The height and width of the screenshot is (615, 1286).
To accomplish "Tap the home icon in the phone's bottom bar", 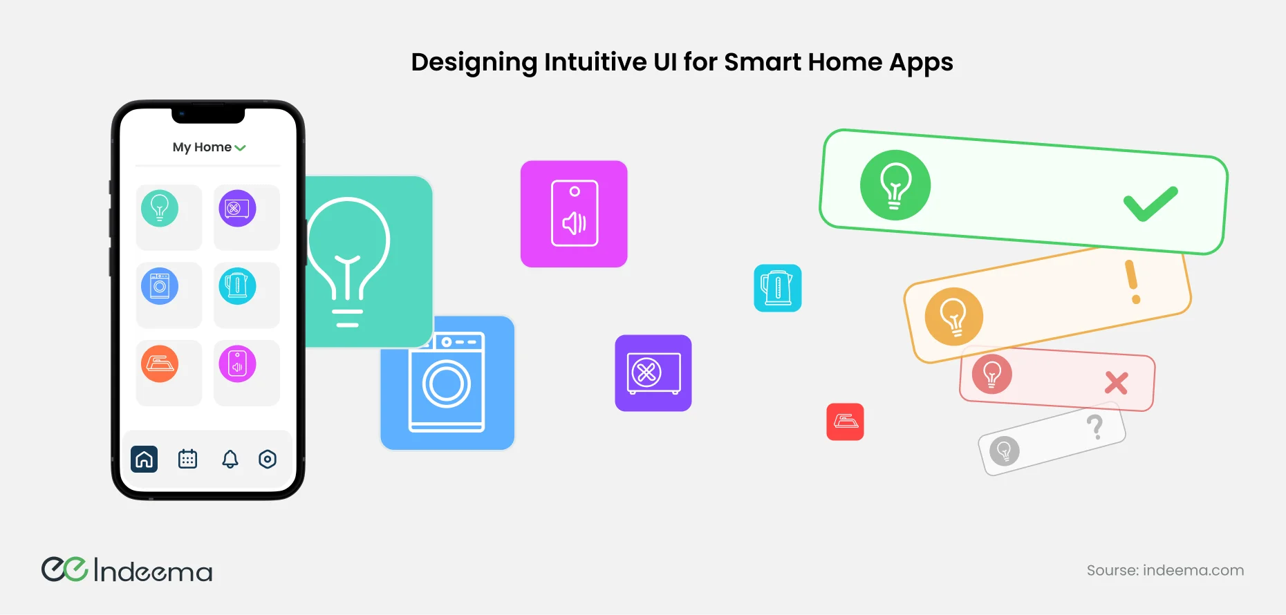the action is (x=144, y=459).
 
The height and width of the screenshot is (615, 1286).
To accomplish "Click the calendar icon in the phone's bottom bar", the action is (x=187, y=459).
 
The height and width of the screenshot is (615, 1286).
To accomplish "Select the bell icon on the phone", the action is (x=230, y=460).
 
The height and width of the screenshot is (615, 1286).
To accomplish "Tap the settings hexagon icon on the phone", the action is (x=268, y=459).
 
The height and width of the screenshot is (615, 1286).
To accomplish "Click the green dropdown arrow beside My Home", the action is (x=240, y=148).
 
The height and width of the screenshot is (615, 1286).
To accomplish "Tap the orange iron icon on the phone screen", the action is (x=160, y=363).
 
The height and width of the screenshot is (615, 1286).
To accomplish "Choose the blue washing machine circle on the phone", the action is (x=160, y=286).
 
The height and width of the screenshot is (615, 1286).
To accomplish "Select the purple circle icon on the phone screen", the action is (x=237, y=208).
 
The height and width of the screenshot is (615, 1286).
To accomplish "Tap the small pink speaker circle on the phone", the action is (x=237, y=363).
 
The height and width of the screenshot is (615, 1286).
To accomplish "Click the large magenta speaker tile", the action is (x=574, y=214).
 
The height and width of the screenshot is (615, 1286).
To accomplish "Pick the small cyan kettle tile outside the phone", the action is (x=778, y=288).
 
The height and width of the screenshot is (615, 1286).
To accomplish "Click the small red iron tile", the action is (x=845, y=422).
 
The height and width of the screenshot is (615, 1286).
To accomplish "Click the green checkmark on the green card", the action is (x=1150, y=204).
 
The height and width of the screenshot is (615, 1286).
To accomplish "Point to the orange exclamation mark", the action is (x=1133, y=282).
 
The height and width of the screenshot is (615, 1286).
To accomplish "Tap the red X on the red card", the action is (x=1117, y=383).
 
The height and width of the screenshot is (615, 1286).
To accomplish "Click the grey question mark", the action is (x=1095, y=427).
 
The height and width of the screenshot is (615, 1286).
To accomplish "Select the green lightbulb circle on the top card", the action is (x=895, y=185).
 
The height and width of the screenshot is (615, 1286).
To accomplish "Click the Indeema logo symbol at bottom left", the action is (x=64, y=569).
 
